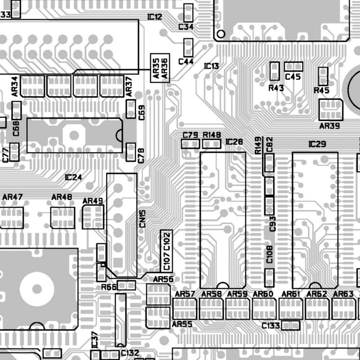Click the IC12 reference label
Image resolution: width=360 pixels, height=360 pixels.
[155, 17]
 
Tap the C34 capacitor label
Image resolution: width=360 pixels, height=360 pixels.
[186, 27]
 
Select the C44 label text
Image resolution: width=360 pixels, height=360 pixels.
[186, 61]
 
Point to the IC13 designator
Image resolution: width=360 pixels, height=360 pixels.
[211, 66]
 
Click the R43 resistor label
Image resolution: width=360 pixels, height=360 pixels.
[276, 88]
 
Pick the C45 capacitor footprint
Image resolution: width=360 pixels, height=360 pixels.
[294, 66]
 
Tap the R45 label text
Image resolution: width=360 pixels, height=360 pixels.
[322, 91]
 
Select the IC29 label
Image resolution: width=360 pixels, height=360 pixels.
[317, 144]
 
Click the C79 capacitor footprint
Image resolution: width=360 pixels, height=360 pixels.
[190, 144]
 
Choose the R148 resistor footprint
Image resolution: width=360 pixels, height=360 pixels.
[211, 144]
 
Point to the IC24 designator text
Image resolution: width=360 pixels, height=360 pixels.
[73, 177]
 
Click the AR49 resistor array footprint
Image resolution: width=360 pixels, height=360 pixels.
[93, 217]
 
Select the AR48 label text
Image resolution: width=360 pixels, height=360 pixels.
[62, 197]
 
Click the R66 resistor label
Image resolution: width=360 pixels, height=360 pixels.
[109, 287]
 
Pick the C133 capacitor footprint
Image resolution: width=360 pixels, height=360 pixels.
[291, 325]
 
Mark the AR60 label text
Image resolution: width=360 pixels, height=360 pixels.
[263, 294]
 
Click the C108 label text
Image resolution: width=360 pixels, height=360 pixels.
[269, 254]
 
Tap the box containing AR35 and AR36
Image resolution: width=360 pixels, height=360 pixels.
[160, 68]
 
